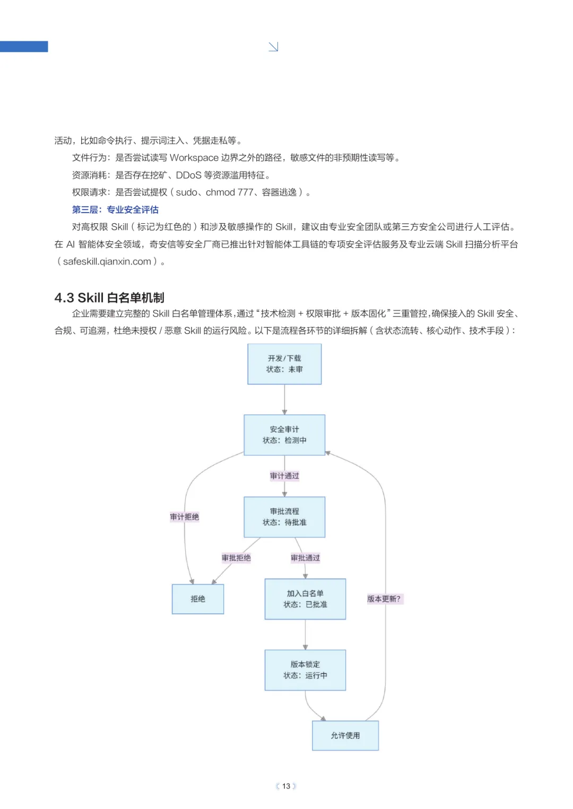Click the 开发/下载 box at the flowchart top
pyautogui.click(x=284, y=364)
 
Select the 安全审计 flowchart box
pyautogui.click(x=284, y=435)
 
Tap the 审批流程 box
pyautogui.click(x=284, y=517)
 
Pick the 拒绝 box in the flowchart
pyautogui.click(x=198, y=599)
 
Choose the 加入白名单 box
pyautogui.click(x=305, y=599)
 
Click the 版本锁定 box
pyautogui.click(x=305, y=670)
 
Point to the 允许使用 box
pyautogui.click(x=345, y=735)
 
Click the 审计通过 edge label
pyautogui.click(x=284, y=476)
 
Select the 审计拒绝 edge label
pyautogui.click(x=185, y=517)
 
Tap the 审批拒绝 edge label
pyautogui.click(x=236, y=558)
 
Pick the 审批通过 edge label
pyautogui.click(x=305, y=558)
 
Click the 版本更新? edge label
pyautogui.click(x=384, y=599)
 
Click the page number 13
pyautogui.click(x=286, y=786)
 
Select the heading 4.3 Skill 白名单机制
pyautogui.click(x=109, y=297)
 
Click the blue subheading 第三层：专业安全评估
pyautogui.click(x=115, y=209)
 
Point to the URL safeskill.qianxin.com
pyautogui.click(x=107, y=261)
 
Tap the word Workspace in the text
pyautogui.click(x=194, y=158)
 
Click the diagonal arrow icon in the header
pyautogui.click(x=273, y=47)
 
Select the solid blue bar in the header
pyautogui.click(x=24, y=47)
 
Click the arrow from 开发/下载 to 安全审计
pyautogui.click(x=284, y=399)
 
